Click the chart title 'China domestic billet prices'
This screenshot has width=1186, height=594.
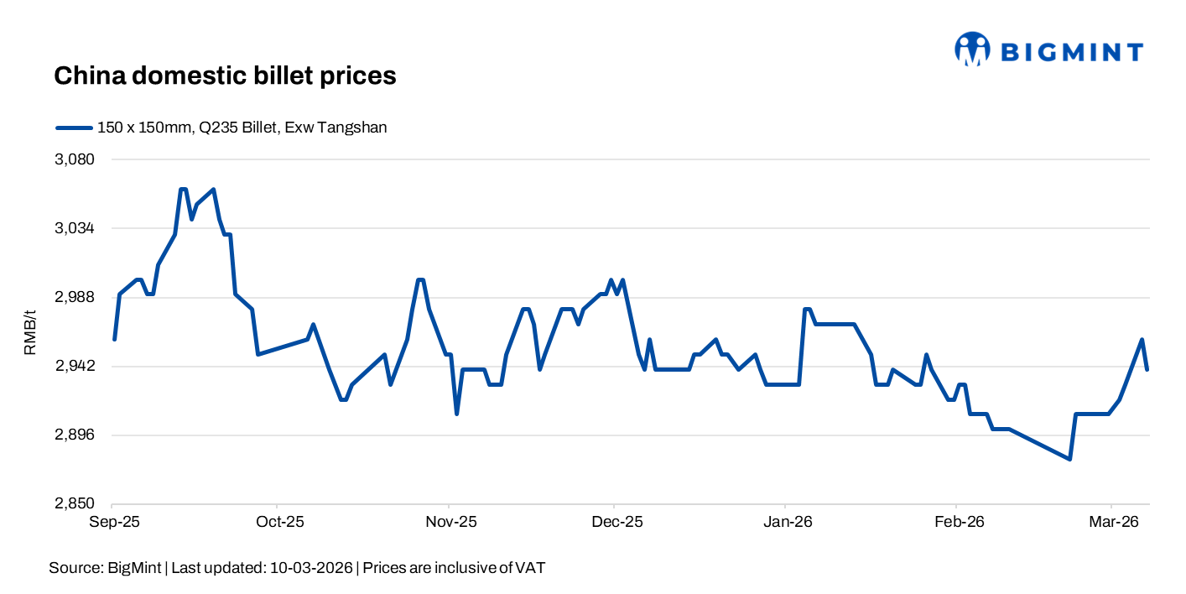pyautogui.click(x=225, y=76)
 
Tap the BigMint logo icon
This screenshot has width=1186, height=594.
pyautogui.click(x=972, y=49)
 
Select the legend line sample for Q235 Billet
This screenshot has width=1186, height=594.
pyautogui.click(x=73, y=128)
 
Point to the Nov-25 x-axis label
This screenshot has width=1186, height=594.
pyautogui.click(x=450, y=522)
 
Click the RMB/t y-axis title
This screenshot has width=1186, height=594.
pyautogui.click(x=30, y=331)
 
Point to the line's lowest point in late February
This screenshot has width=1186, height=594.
pyautogui.click(x=1069, y=459)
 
